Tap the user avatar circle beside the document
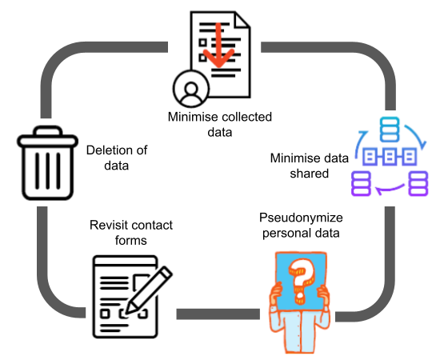click(191, 89)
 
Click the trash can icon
click(47, 163)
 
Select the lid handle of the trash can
click(48, 130)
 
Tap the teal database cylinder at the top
click(390, 130)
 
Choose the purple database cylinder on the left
click(361, 183)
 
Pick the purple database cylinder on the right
click(418, 183)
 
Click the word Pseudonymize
click(301, 218)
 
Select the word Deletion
click(107, 150)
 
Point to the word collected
click(244, 117)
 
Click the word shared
click(310, 174)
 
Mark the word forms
click(130, 241)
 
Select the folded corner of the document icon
click(241, 21)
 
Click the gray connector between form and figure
click(218, 314)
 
